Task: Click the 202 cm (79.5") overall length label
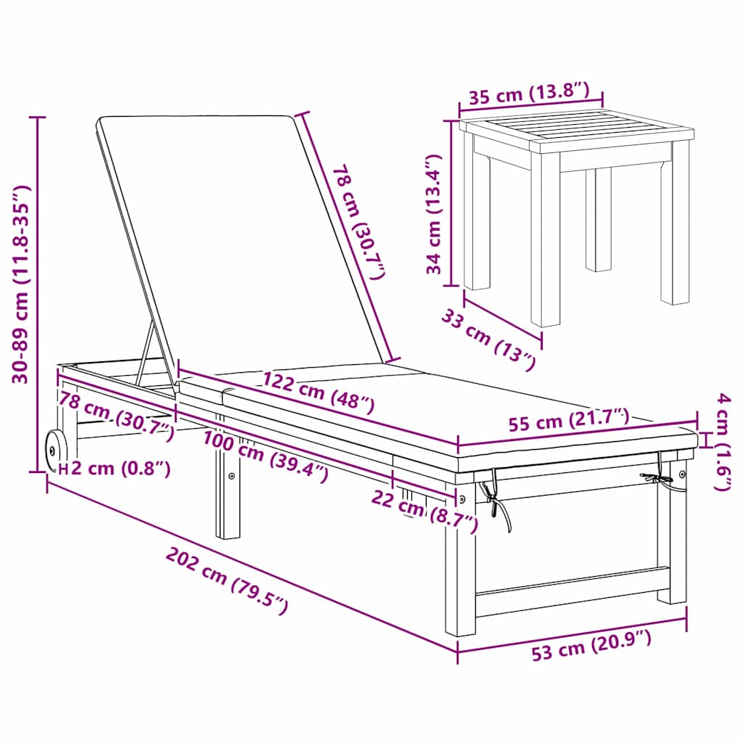[x=227, y=581]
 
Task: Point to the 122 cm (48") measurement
[x=319, y=393]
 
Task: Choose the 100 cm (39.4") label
[x=266, y=457]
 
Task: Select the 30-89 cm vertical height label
[x=21, y=284]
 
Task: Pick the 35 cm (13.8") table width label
[x=530, y=93]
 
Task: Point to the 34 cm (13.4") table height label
[x=434, y=214]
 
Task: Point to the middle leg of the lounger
[x=228, y=493]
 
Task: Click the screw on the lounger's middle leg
[x=231, y=477]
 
